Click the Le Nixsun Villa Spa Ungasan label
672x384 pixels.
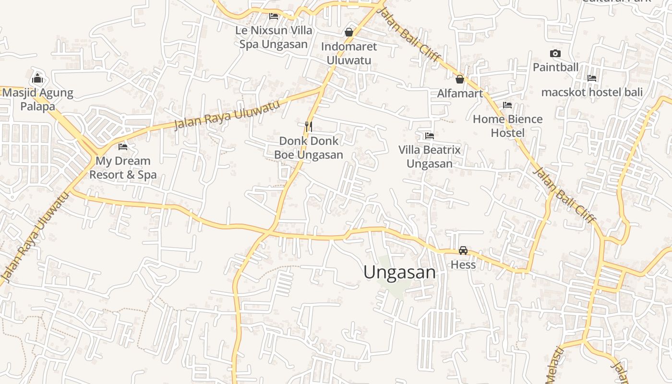(x=273, y=37)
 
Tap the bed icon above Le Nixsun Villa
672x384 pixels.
(x=274, y=16)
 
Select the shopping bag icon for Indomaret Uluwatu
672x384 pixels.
(x=349, y=32)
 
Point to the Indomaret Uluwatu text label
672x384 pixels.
(x=349, y=53)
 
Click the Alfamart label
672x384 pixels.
(x=459, y=93)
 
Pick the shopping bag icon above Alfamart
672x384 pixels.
(x=459, y=79)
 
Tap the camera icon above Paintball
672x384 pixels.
(x=555, y=53)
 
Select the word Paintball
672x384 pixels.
(x=555, y=67)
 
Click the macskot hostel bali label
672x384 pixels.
(x=592, y=92)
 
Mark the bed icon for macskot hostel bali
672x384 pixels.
(x=592, y=78)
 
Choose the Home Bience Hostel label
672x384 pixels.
(x=507, y=126)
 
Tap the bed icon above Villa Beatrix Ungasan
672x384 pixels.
(x=430, y=136)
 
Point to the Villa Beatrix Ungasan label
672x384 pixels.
(x=429, y=156)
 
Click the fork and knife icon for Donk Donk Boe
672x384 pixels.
(x=309, y=127)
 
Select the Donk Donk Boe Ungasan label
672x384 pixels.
(x=309, y=148)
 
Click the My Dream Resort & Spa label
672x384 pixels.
(x=123, y=168)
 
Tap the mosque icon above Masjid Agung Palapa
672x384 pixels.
(x=37, y=79)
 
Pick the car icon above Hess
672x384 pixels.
(x=463, y=251)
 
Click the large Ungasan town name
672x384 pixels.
(x=399, y=272)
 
